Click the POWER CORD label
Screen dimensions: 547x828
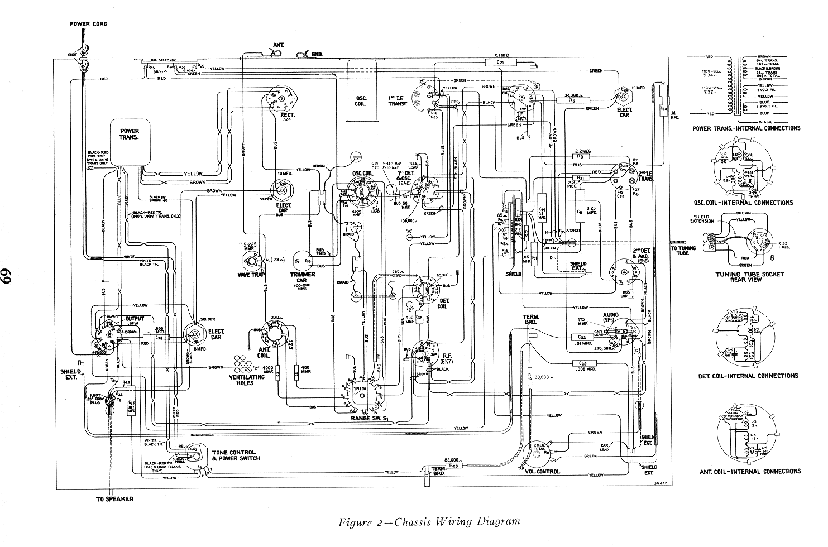point(88,24)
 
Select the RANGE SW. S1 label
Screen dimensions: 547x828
point(366,418)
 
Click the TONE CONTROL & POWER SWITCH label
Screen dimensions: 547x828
point(235,455)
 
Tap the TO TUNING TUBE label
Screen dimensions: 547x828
point(683,251)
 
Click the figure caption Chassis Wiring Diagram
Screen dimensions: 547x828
point(430,522)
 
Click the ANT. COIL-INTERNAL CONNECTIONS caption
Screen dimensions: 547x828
point(750,471)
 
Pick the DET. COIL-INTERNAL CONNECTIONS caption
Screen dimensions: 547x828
point(748,376)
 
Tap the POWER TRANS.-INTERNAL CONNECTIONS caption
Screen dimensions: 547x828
point(746,128)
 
